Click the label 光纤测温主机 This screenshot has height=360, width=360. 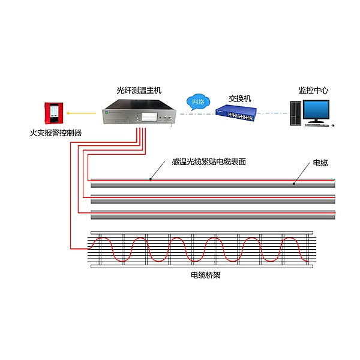click(x=139, y=90)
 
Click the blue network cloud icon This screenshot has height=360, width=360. click(x=197, y=101)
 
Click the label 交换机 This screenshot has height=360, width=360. click(x=239, y=97)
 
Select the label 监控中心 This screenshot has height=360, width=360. click(x=313, y=91)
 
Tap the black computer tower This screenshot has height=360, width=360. click(x=295, y=113)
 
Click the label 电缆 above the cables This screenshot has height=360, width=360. click(x=320, y=163)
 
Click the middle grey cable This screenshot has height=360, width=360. click(x=212, y=199)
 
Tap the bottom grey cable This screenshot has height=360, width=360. click(x=212, y=215)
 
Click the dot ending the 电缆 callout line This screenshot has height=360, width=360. click(x=294, y=183)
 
